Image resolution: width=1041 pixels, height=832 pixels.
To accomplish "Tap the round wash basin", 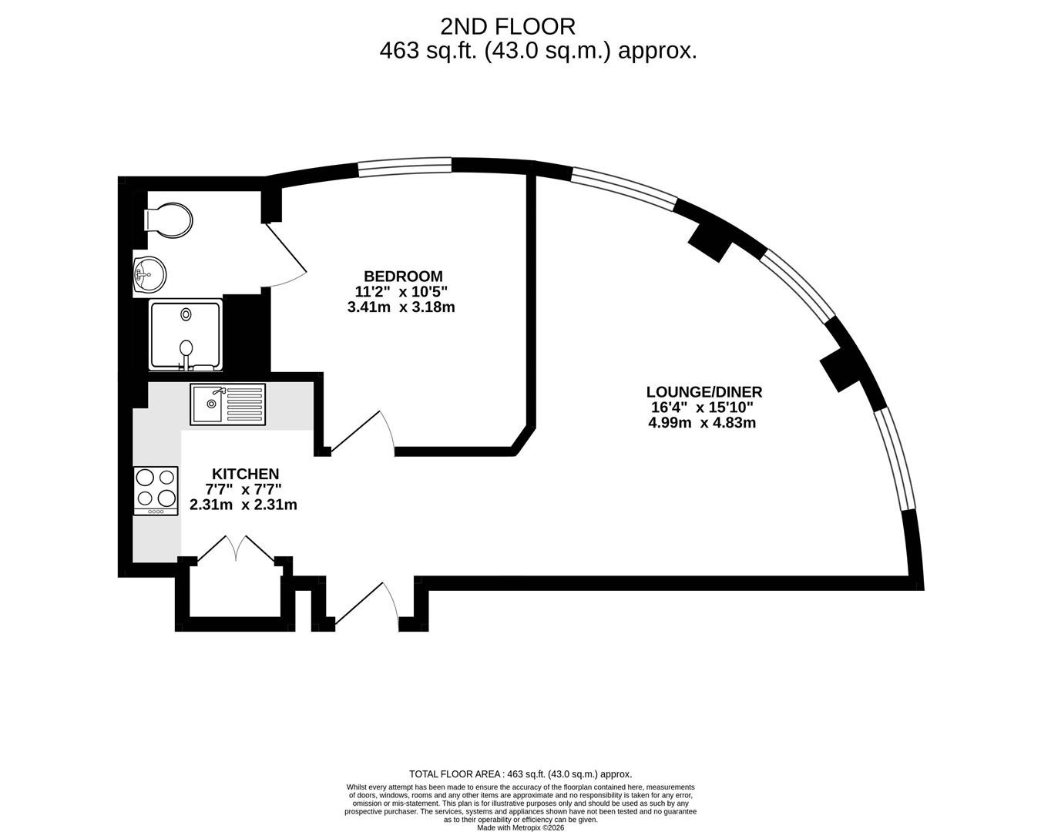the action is tap(150, 275).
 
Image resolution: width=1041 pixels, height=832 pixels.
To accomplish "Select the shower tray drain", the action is tap(186, 314).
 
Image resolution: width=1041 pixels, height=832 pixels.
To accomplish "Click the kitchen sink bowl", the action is tap(207, 404).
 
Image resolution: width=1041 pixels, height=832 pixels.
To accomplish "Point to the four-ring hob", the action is tap(156, 491).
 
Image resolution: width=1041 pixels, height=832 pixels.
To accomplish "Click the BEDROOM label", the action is tap(403, 277).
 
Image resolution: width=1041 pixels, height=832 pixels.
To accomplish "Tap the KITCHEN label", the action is tap(246, 474).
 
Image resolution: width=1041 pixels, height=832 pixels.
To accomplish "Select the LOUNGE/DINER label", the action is tap(704, 391).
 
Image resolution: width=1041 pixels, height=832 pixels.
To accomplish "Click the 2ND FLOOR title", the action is tap(508, 27).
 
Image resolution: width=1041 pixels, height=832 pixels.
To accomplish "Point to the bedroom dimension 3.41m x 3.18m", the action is tap(401, 307).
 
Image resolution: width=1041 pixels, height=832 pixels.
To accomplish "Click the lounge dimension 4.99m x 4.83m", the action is tap(702, 423).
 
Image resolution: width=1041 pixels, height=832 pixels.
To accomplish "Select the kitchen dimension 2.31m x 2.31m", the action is tap(243, 505).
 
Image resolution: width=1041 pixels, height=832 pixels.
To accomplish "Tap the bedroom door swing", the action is tap(362, 432).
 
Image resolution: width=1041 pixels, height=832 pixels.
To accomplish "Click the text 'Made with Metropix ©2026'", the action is tap(521, 827).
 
